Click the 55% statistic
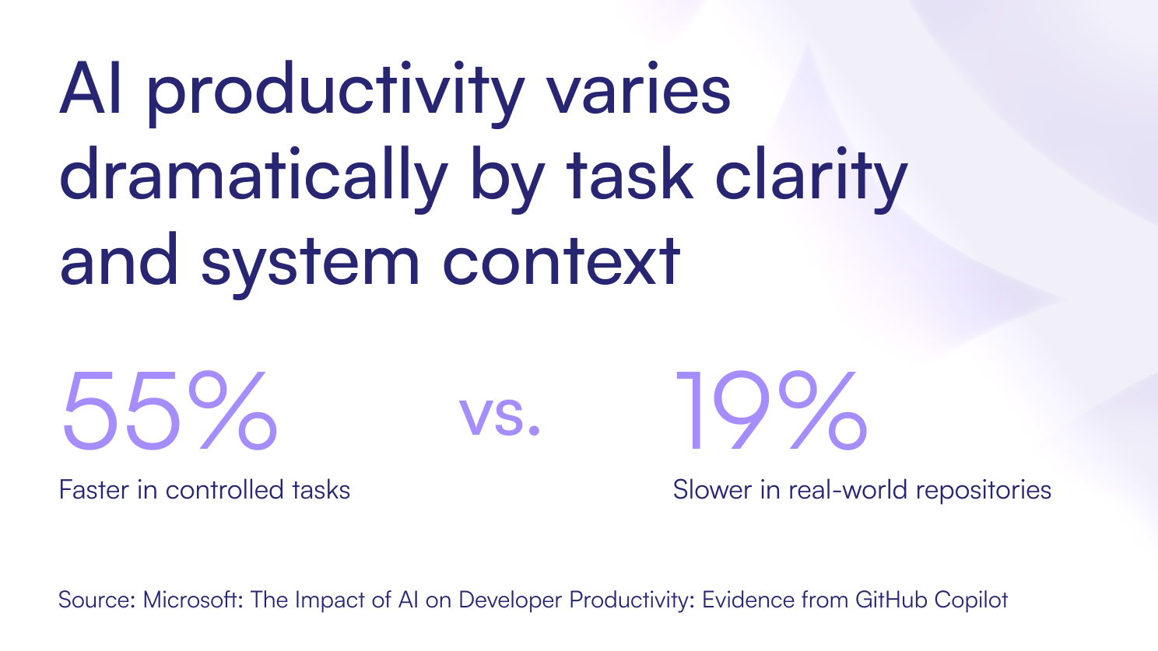(170, 410)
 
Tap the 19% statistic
(771, 410)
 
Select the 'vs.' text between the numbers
(500, 416)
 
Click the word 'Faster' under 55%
(94, 489)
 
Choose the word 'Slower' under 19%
(712, 489)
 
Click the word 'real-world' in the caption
(847, 489)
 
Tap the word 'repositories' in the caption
(984, 492)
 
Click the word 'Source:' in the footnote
(97, 600)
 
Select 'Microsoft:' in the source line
(193, 600)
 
